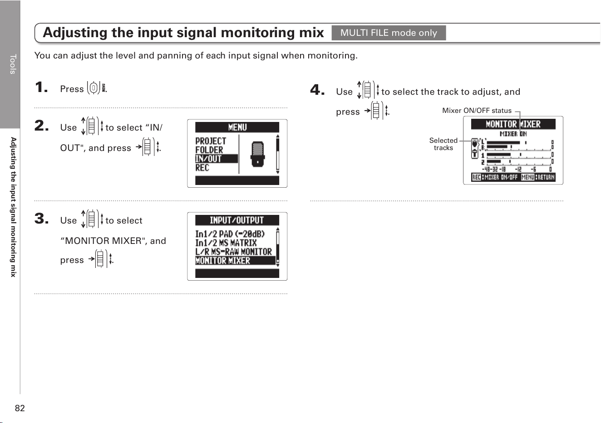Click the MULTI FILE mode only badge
(x=389, y=33)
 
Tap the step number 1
(x=41, y=87)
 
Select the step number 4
(x=317, y=89)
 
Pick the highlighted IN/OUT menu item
(x=216, y=159)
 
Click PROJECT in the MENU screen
(x=211, y=141)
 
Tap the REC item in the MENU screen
(x=202, y=168)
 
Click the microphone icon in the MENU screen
(x=257, y=154)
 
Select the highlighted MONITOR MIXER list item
(x=235, y=261)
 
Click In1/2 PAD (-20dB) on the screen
(x=230, y=234)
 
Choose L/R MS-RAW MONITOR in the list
(x=233, y=252)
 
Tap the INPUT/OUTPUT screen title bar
(x=237, y=220)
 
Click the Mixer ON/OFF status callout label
(x=477, y=111)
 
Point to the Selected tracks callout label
(x=443, y=144)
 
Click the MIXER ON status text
(x=513, y=134)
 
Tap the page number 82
(x=20, y=408)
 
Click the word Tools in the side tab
(x=13, y=64)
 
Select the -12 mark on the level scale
(x=518, y=169)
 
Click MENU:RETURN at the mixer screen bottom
(x=538, y=177)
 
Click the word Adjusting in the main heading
(x=75, y=33)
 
